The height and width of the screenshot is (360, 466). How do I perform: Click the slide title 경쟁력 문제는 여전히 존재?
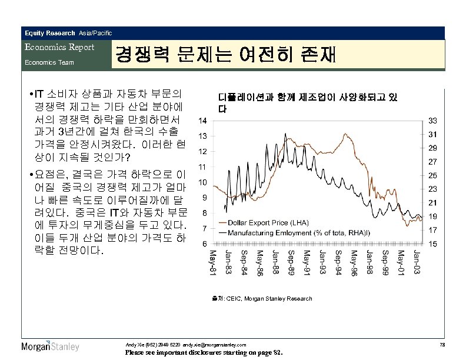pos(226,55)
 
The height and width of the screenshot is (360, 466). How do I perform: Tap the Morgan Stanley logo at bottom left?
pos(51,346)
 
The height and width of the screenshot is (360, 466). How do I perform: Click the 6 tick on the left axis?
pos(203,243)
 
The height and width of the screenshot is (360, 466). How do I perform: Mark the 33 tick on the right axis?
pos(432,121)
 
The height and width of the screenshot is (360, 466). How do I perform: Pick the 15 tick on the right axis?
pos(432,243)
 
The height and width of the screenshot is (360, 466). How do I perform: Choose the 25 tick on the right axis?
pos(432,175)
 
